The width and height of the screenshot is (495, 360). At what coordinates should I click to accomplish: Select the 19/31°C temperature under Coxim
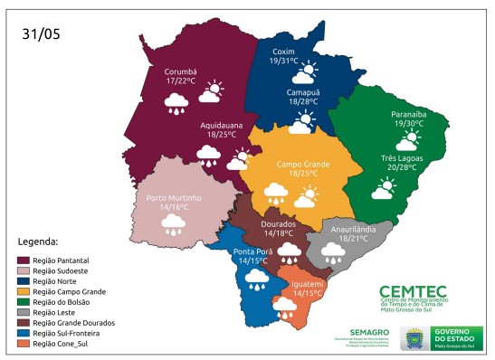pos(283,62)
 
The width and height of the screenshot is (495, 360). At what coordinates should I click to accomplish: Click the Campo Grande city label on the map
pos(302,164)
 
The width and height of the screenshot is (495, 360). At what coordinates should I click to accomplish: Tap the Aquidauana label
pos(221,124)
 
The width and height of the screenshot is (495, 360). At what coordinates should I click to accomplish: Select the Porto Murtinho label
pos(173,198)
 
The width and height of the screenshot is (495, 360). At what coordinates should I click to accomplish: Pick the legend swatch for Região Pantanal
pos(24,260)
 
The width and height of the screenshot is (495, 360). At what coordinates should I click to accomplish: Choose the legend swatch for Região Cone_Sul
pos(24,345)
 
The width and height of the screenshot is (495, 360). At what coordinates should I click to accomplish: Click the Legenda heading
pos(38,242)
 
